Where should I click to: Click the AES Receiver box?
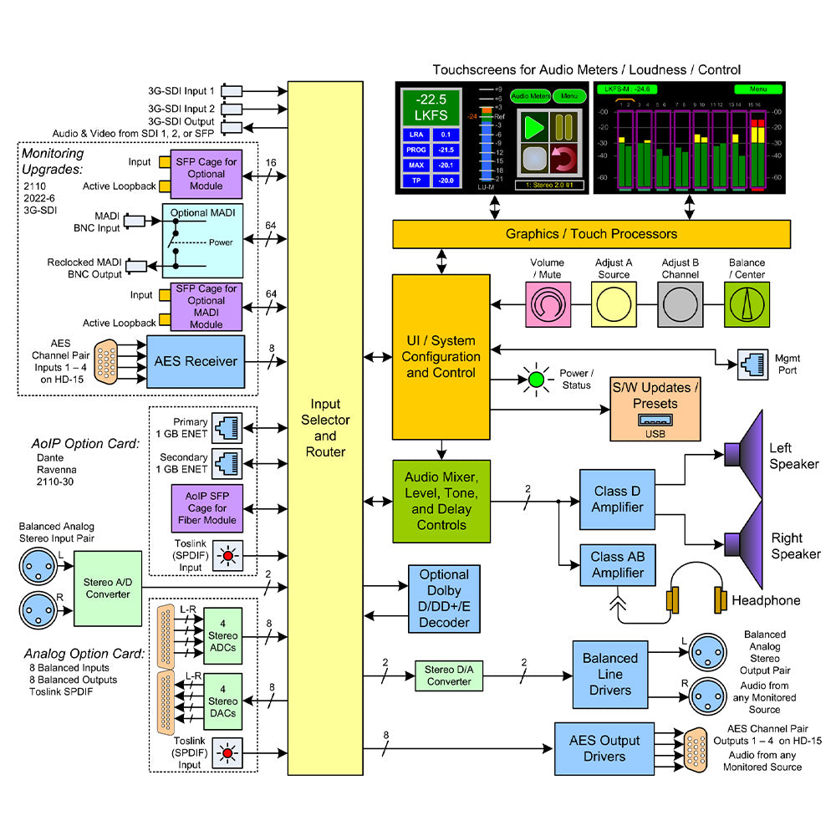[x=196, y=362]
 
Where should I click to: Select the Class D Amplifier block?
[x=618, y=499]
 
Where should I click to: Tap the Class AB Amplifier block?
[x=618, y=565]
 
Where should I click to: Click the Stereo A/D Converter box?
[x=108, y=588]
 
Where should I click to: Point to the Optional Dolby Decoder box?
[x=444, y=599]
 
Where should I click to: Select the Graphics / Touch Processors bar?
[x=591, y=234]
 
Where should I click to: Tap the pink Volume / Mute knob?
[x=548, y=303]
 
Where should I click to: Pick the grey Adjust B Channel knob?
[x=681, y=303]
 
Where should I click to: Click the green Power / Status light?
[x=536, y=380]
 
